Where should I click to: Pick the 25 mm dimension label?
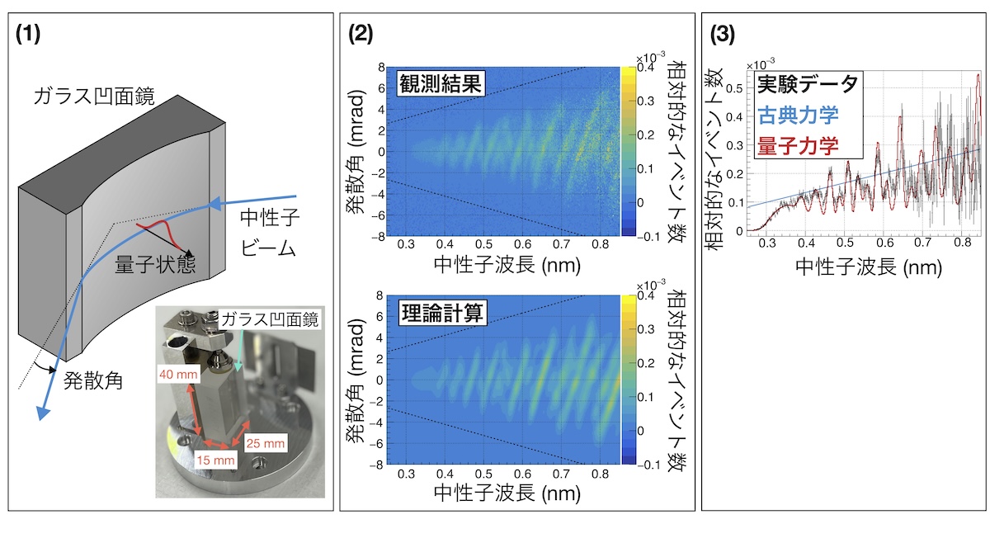[x=266, y=444]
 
